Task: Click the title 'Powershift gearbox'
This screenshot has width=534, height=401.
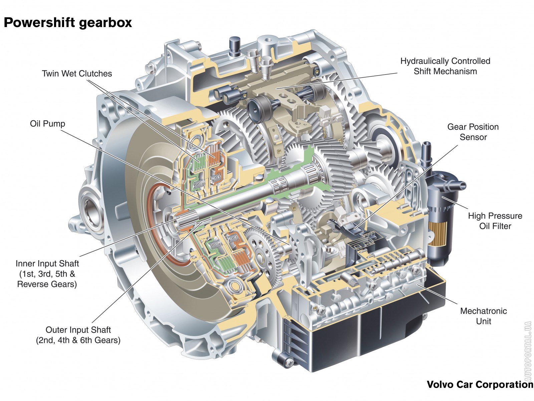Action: pyautogui.click(x=68, y=23)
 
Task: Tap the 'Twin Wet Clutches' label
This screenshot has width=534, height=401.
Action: pyautogui.click(x=77, y=74)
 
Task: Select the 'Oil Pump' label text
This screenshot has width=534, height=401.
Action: pyautogui.click(x=47, y=124)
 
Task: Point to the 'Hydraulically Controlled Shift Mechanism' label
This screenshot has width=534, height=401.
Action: pyautogui.click(x=445, y=66)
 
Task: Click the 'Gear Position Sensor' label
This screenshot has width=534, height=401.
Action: pyautogui.click(x=473, y=132)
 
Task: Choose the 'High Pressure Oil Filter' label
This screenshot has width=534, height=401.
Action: pyautogui.click(x=495, y=221)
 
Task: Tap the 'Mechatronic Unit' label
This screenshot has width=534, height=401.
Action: pyautogui.click(x=483, y=316)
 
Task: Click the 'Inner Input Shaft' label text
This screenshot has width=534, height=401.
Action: pyautogui.click(x=47, y=263)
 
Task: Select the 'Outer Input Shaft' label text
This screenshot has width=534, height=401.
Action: pyautogui.click(x=78, y=330)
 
